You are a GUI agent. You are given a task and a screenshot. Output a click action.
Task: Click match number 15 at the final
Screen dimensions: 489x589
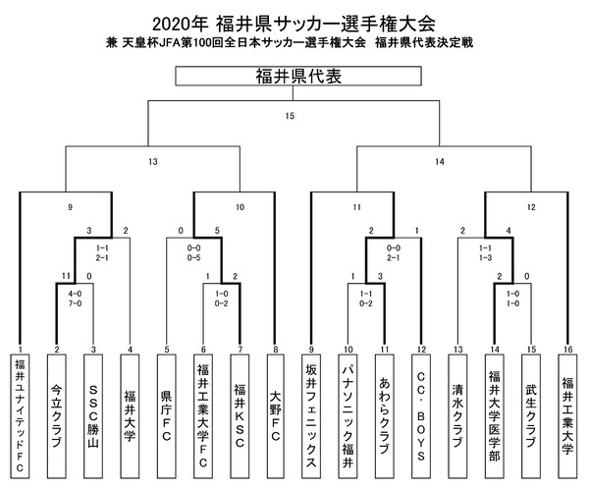pyautogui.click(x=290, y=118)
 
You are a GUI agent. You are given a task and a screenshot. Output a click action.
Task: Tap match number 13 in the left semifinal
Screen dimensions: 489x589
pyautogui.click(x=152, y=162)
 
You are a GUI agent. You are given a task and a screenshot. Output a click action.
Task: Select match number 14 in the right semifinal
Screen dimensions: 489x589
pyautogui.click(x=439, y=162)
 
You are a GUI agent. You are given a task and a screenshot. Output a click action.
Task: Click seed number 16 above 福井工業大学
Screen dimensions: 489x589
pyautogui.click(x=566, y=350)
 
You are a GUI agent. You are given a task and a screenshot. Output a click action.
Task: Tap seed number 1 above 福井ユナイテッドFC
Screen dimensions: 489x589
pyautogui.click(x=21, y=350)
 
